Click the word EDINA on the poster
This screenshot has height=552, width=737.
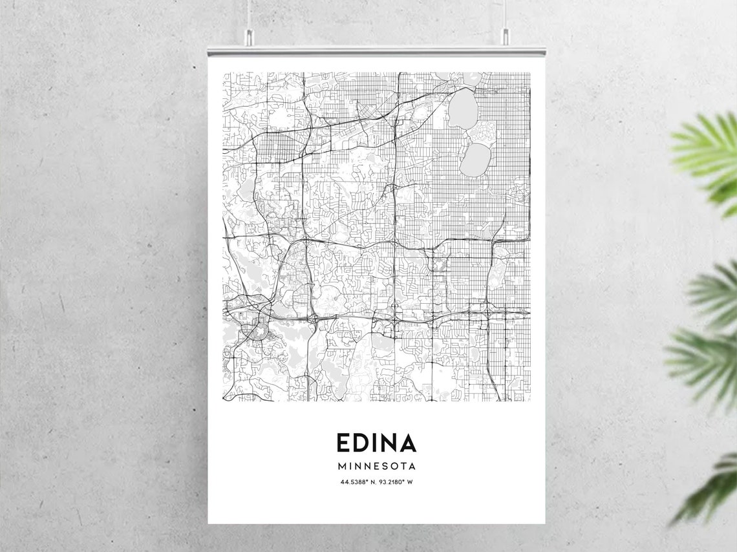pyautogui.click(x=376, y=443)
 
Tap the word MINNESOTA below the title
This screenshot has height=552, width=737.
pyautogui.click(x=376, y=466)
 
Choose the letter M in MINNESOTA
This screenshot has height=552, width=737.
pyautogui.click(x=341, y=466)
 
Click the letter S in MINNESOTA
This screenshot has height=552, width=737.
pyautogui.click(x=385, y=466)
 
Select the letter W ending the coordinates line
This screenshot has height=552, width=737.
pyautogui.click(x=410, y=482)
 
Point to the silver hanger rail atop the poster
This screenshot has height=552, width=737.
pyautogui.click(x=376, y=50)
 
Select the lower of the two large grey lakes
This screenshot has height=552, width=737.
pyautogui.click(x=475, y=160)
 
